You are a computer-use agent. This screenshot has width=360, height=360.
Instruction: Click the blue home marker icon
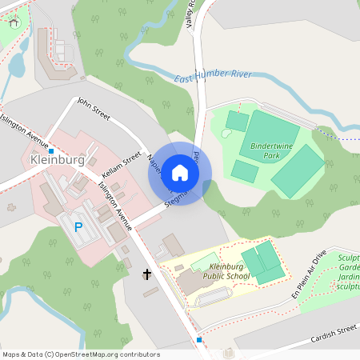180,173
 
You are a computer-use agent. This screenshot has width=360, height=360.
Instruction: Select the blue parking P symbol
78,227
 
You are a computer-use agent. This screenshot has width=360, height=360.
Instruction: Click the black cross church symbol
147,275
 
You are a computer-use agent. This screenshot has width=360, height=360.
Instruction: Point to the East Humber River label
214,76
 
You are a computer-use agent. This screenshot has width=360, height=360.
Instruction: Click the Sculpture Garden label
349,272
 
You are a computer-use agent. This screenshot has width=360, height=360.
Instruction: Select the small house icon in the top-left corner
14,22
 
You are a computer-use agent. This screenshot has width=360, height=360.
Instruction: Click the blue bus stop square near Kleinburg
51,150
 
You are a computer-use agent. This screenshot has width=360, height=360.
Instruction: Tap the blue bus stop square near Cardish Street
199,340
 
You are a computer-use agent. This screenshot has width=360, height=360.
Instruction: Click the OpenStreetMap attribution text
80,354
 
